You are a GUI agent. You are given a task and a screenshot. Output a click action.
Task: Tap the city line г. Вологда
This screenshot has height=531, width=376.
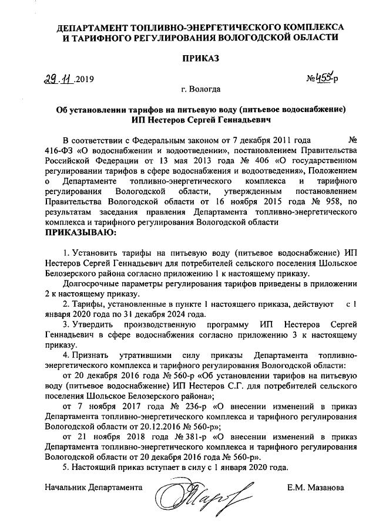point(201,90)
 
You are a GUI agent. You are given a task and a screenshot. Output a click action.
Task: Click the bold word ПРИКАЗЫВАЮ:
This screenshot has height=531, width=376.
point(81,232)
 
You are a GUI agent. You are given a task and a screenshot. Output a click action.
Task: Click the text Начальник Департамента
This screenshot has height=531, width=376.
point(93,487)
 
